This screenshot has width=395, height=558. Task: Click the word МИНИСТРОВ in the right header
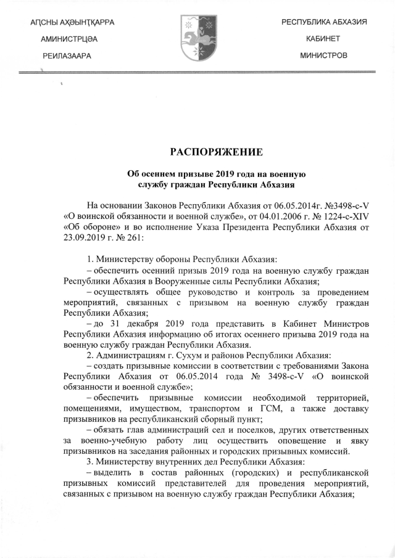(x=323, y=55)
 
